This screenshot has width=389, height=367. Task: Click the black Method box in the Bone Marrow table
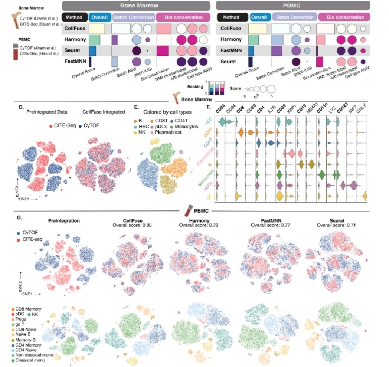(74, 17)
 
